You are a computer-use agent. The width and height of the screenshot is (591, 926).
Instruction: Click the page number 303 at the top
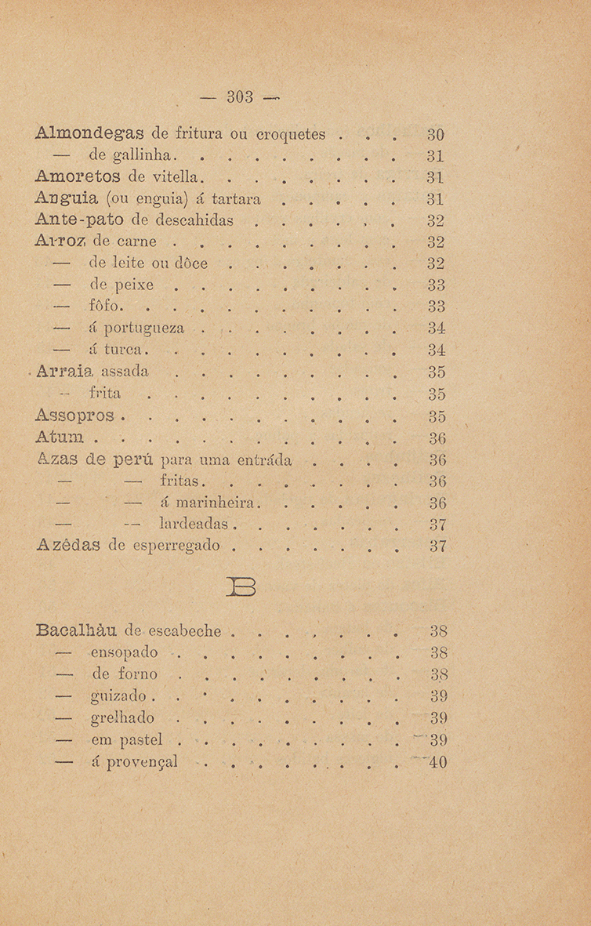(x=241, y=97)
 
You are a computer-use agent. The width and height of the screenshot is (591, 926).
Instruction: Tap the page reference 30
(x=437, y=134)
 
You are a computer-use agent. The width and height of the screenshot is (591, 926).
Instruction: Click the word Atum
(x=61, y=436)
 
